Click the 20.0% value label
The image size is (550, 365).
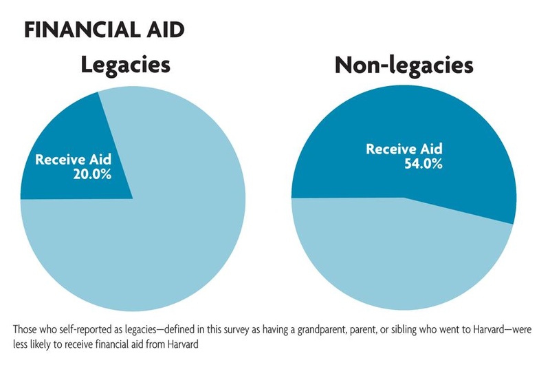pos(91,174)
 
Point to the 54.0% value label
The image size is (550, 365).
pos(423,163)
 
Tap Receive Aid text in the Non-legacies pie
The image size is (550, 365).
pos(404,149)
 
